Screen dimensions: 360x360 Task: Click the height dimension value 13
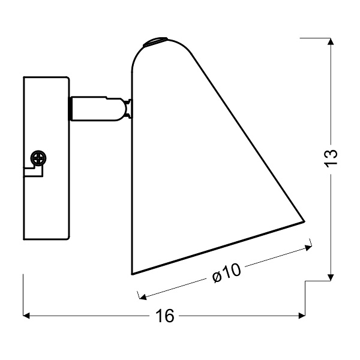pyautogui.click(x=332, y=157)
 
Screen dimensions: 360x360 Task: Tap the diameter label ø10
pyautogui.click(x=226, y=273)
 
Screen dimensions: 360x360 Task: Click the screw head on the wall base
pyautogui.click(x=40, y=158)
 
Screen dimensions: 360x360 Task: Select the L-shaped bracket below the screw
pyautogui.click(x=35, y=172)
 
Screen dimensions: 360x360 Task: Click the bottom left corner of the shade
pyautogui.click(x=133, y=274)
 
